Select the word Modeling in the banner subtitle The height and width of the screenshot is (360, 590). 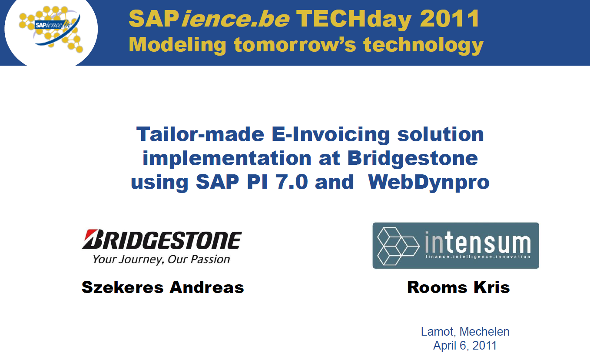(177, 45)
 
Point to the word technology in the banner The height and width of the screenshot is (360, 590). (423, 45)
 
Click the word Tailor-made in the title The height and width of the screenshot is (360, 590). (200, 134)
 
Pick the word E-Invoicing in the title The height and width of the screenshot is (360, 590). (331, 135)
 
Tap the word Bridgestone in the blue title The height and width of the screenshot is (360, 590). (412, 158)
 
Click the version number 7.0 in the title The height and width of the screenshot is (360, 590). (292, 182)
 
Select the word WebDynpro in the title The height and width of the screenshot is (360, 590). (428, 182)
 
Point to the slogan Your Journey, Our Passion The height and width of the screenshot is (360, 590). (161, 260)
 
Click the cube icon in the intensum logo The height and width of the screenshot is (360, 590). (398, 246)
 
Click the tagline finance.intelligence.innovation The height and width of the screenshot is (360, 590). (478, 257)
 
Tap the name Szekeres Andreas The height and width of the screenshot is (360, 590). (163, 287)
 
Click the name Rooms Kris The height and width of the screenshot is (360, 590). (458, 287)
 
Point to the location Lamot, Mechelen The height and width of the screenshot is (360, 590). (465, 332)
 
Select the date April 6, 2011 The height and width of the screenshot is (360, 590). (465, 346)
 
